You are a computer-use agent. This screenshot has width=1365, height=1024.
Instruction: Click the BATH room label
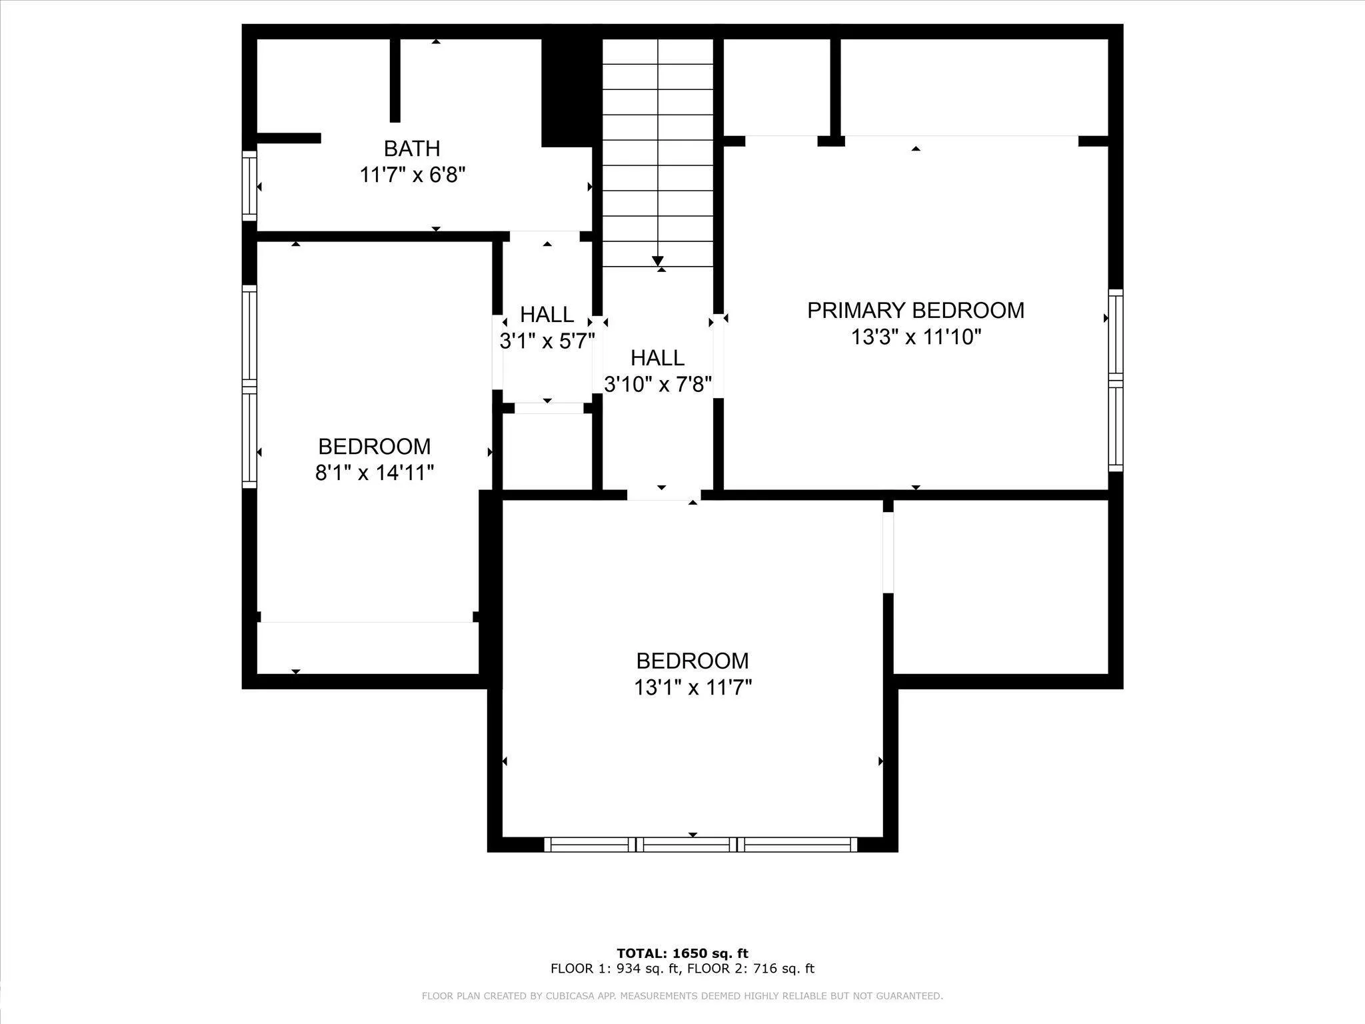(x=412, y=148)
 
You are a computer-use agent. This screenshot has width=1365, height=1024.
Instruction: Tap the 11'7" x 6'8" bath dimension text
(x=412, y=175)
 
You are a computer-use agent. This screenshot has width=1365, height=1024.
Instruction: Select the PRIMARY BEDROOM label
(x=916, y=311)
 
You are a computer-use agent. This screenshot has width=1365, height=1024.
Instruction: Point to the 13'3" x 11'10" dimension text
(x=916, y=337)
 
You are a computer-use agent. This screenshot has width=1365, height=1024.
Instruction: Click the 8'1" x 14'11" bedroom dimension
(x=375, y=473)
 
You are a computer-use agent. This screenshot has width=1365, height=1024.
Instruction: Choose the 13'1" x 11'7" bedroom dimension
(x=693, y=687)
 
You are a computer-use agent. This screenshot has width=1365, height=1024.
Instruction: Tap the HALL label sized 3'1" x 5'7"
(x=547, y=314)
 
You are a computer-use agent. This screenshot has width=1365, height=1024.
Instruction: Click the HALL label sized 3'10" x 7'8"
(x=658, y=358)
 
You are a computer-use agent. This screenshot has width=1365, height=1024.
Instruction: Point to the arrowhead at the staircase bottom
(x=658, y=261)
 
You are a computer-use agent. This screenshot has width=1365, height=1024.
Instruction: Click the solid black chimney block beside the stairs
(x=567, y=92)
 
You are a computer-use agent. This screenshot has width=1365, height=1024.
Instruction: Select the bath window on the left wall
(x=249, y=185)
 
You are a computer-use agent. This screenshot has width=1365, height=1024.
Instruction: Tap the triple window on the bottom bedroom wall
(x=700, y=845)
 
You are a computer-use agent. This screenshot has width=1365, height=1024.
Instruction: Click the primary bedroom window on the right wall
(x=1116, y=381)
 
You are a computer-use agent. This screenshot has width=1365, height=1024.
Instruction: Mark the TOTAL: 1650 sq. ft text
(x=682, y=953)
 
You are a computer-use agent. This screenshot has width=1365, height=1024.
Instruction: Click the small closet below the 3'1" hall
(x=547, y=452)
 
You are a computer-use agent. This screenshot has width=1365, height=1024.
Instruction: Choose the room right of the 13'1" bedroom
(x=1000, y=587)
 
